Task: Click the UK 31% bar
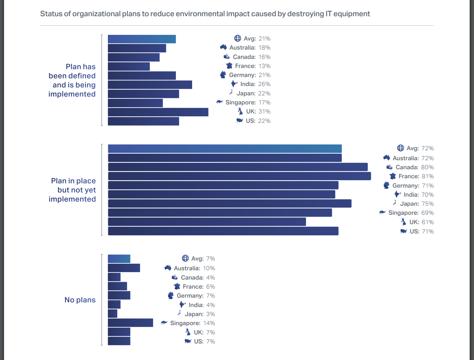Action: pyautogui.click(x=158, y=112)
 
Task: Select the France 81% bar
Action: pyautogui.click(x=239, y=176)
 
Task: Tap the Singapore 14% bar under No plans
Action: pyautogui.click(x=130, y=323)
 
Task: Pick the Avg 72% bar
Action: pyautogui.click(x=225, y=149)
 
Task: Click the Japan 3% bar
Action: pyautogui.click(x=113, y=314)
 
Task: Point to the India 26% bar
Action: pyautogui.click(x=150, y=85)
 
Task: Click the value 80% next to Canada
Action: pyautogui.click(x=427, y=167)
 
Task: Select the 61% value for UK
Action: pyautogui.click(x=428, y=222)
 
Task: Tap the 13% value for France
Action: pyautogui.click(x=264, y=66)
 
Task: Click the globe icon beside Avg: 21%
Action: pyautogui.click(x=238, y=38)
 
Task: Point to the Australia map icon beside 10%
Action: pyautogui.click(x=168, y=268)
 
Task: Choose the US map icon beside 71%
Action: pyautogui.click(x=404, y=231)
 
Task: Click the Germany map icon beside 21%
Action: pyautogui.click(x=223, y=75)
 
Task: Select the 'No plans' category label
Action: pyautogui.click(x=80, y=300)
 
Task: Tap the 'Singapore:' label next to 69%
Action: pyautogui.click(x=403, y=213)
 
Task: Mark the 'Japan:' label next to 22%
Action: pyautogui.click(x=246, y=94)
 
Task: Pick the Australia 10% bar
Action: pyautogui.click(x=124, y=268)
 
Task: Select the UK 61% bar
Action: pyautogui.click(x=207, y=222)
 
